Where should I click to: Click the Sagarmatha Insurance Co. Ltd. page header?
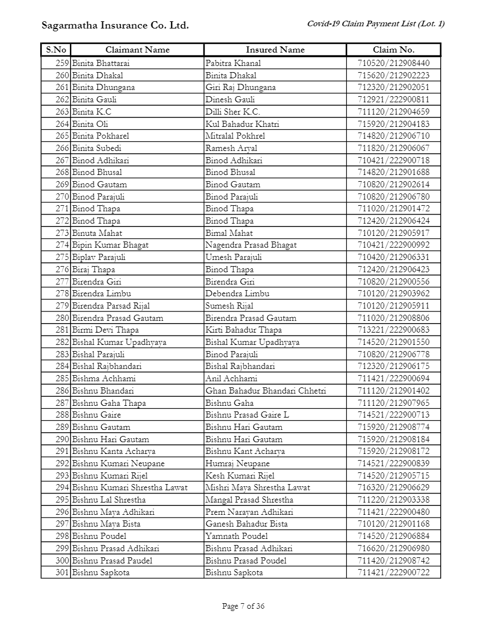(115, 25)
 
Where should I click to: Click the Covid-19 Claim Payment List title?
(376, 23)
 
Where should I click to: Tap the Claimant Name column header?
(137, 50)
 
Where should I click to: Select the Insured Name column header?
(275, 50)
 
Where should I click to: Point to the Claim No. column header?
(394, 50)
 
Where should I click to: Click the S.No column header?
(56, 50)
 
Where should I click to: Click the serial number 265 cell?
(62, 136)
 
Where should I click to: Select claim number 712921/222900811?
(394, 100)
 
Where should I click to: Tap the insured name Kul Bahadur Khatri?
(242, 124)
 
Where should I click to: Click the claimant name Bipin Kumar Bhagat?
(110, 245)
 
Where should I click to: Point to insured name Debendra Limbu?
(237, 293)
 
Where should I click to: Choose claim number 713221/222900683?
(394, 330)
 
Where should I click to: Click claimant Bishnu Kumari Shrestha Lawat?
(130, 487)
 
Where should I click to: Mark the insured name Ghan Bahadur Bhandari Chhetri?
(266, 391)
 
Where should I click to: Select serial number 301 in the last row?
(62, 572)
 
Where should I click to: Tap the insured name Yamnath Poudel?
(237, 536)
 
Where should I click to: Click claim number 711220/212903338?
(394, 500)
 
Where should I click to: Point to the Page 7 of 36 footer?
(243, 606)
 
